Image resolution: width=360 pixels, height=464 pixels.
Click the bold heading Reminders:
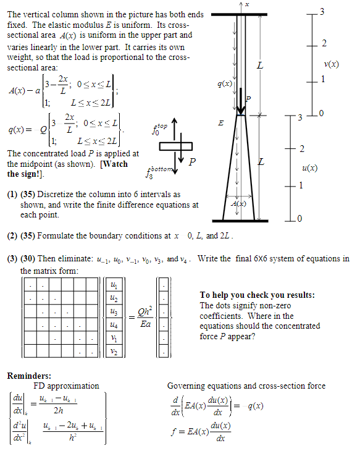pyautogui.click(x=30, y=375)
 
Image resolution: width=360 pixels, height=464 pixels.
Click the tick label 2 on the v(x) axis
pyautogui.click(x=324, y=43)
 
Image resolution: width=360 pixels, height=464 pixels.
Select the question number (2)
pyautogui.click(x=12, y=235)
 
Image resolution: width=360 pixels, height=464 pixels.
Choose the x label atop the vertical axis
pyautogui.click(x=246, y=4)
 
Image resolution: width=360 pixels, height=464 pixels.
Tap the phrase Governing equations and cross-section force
pyautogui.click(x=246, y=386)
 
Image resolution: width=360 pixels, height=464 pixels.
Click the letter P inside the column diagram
pyautogui.click(x=248, y=99)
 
